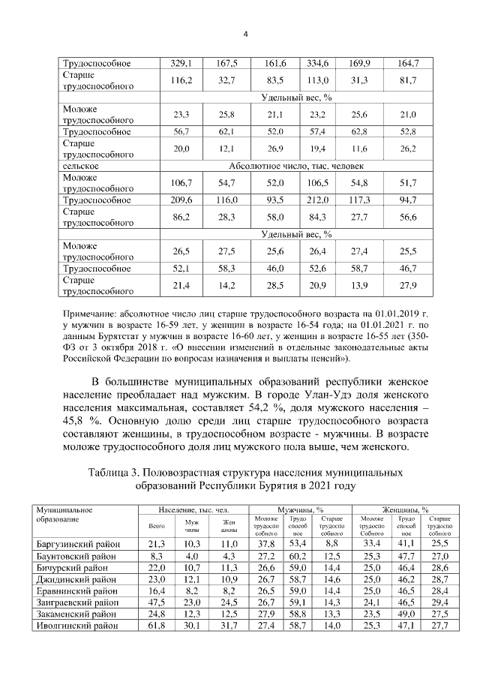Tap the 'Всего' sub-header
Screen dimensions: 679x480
157,526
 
